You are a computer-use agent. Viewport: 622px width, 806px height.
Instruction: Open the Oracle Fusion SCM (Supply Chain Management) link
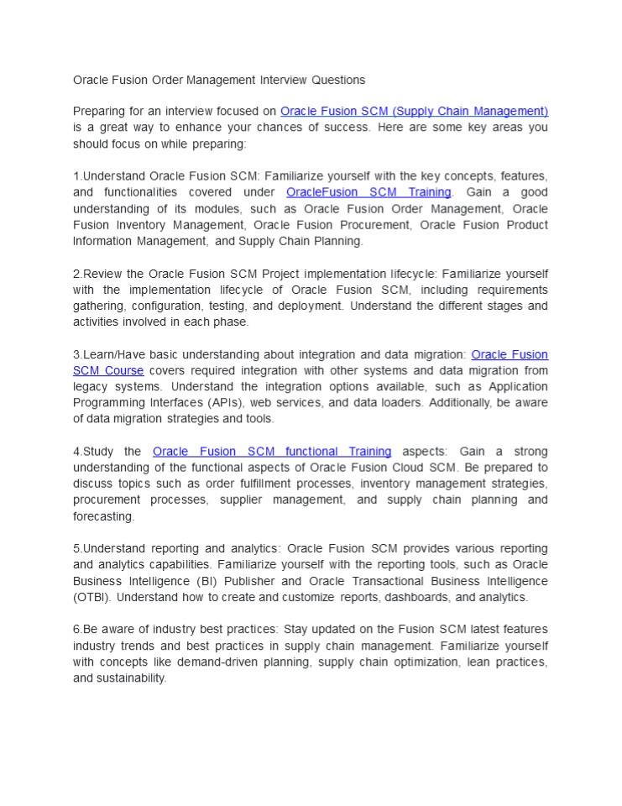click(414, 111)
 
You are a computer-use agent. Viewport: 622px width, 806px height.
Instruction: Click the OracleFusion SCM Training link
click(368, 192)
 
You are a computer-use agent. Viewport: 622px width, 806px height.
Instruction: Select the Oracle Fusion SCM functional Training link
click(272, 452)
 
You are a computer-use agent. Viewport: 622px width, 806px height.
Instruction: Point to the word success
click(344, 128)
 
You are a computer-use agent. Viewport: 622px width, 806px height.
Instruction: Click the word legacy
click(91, 386)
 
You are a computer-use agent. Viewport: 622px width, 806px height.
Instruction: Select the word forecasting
click(103, 516)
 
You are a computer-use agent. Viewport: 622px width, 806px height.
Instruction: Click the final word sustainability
click(130, 678)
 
